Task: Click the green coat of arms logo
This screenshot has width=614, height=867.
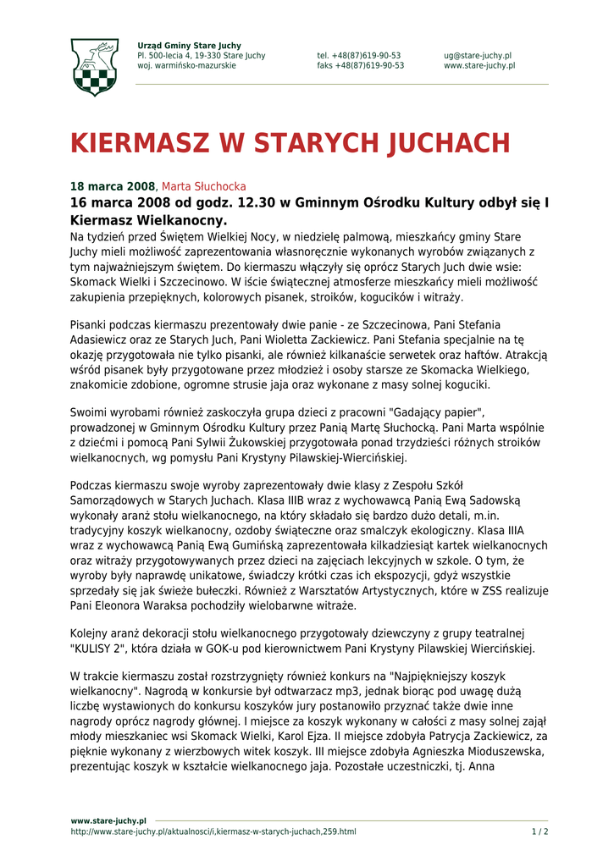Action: (94, 67)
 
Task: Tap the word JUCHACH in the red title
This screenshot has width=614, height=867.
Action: (448, 143)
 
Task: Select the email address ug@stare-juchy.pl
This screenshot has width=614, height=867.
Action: (478, 56)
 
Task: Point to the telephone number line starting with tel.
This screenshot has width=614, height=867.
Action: (359, 56)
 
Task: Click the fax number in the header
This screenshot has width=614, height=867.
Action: (361, 66)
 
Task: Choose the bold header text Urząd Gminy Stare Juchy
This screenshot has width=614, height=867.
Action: (189, 46)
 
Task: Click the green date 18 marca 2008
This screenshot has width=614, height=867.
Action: (113, 186)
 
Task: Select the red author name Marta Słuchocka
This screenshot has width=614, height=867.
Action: (204, 186)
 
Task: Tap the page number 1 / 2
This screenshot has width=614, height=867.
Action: (539, 831)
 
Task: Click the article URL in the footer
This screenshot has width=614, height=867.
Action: (213, 831)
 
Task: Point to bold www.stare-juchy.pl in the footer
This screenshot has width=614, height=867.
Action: (108, 820)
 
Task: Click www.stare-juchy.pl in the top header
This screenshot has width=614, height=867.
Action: (479, 66)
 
